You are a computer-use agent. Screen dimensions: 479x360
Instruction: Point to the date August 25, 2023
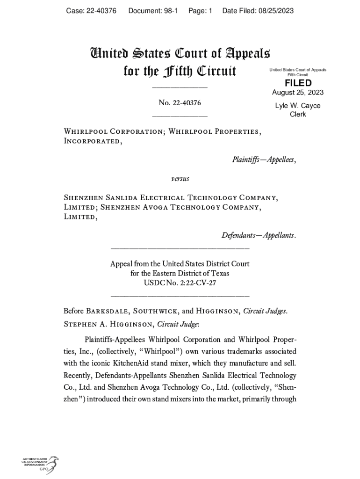[x=298, y=93]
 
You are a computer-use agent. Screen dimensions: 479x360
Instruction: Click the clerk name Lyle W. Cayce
[x=298, y=106]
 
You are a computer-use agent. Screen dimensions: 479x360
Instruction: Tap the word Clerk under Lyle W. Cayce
[x=298, y=114]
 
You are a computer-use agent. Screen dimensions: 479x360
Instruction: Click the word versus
[x=180, y=179]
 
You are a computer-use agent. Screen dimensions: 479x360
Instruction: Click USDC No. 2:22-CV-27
[x=180, y=283]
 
